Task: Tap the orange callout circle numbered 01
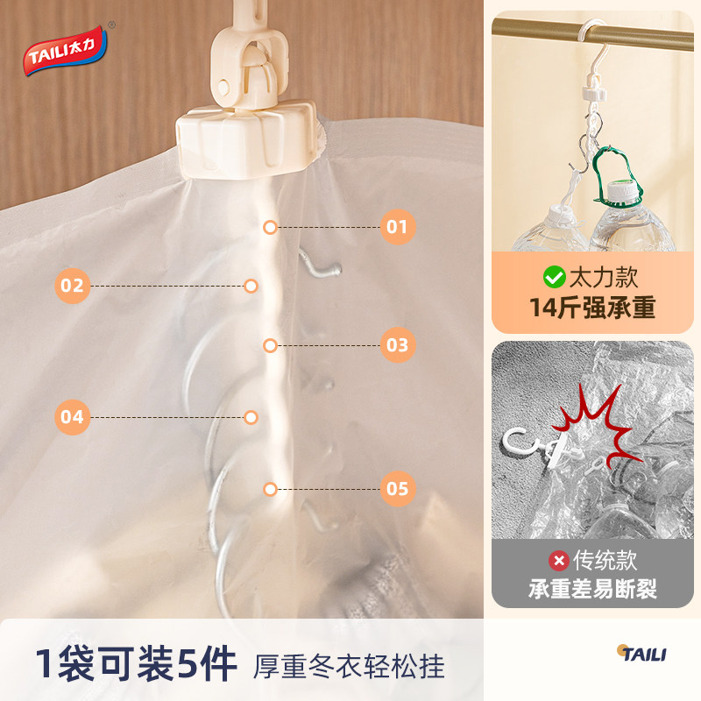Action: [x=397, y=228]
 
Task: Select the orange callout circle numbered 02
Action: [x=72, y=286]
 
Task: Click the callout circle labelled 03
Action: [x=397, y=344]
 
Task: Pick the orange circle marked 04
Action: [x=72, y=416]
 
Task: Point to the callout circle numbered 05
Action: [x=397, y=488]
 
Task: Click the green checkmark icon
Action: [x=554, y=278]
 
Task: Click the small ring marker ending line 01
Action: [x=270, y=228]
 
